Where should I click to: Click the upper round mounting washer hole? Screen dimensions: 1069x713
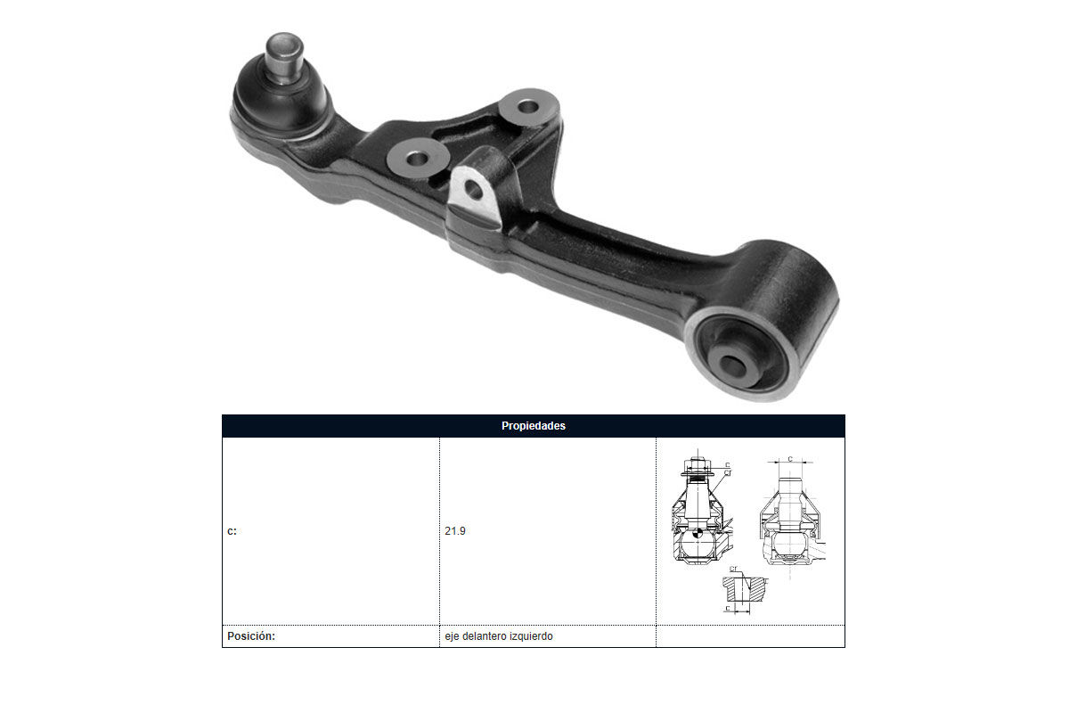pyautogui.click(x=527, y=106)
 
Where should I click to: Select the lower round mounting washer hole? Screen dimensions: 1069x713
pyautogui.click(x=417, y=158)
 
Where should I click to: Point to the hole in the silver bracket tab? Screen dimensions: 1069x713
pyautogui.click(x=473, y=190)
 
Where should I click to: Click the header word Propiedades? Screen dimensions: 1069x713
pyautogui.click(x=533, y=425)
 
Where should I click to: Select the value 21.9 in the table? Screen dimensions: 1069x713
pyautogui.click(x=455, y=530)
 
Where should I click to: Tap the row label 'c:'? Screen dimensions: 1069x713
pyautogui.click(x=232, y=531)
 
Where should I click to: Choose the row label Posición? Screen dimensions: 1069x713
pyautogui.click(x=251, y=636)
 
